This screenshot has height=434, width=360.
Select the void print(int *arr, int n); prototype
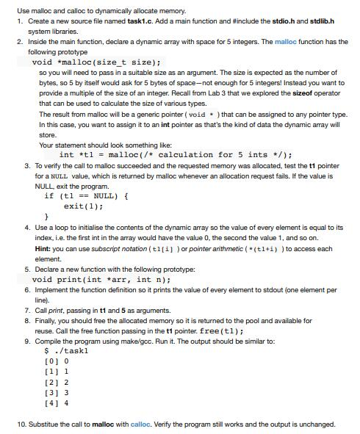(103, 280)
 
